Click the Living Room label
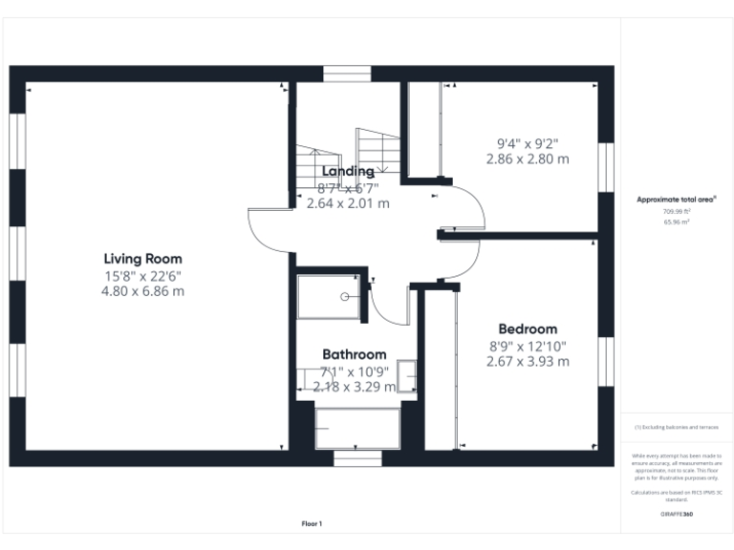(x=142, y=259)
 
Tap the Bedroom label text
(x=528, y=329)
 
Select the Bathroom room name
(x=354, y=354)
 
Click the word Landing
(x=348, y=171)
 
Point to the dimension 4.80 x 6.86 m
(x=142, y=291)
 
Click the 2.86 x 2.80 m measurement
(x=528, y=159)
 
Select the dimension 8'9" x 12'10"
(x=528, y=346)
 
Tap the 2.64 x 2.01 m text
(x=348, y=203)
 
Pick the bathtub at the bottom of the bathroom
(x=356, y=429)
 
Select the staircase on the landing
(x=378, y=148)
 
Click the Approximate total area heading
(x=677, y=200)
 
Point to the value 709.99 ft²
(x=677, y=211)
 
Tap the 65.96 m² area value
(x=677, y=222)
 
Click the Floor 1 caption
(x=312, y=523)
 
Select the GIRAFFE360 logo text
(x=677, y=515)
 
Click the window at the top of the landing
(x=346, y=74)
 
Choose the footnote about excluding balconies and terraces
(x=677, y=427)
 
